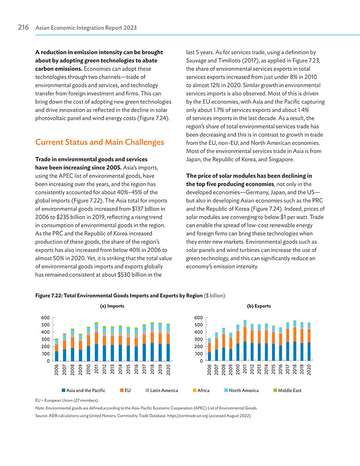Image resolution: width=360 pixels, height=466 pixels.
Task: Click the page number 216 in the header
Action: pyautogui.click(x=23, y=27)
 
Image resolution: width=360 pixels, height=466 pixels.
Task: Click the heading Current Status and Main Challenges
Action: pyautogui.click(x=99, y=142)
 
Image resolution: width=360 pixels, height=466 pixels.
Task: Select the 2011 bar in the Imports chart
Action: pyautogui.click(x=96, y=342)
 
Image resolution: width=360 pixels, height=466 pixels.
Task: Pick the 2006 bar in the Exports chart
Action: pyautogui.click(x=209, y=349)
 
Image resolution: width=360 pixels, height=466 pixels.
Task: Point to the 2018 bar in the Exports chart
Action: pyautogui.click(x=295, y=341)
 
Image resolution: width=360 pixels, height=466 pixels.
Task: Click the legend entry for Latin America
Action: pyautogui.click(x=162, y=390)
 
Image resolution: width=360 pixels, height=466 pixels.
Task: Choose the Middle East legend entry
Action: pyautogui.click(x=287, y=390)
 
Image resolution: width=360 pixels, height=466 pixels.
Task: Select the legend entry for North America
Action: pyautogui.click(x=241, y=390)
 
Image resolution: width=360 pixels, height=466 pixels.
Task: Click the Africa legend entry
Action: pyautogui.click(x=201, y=390)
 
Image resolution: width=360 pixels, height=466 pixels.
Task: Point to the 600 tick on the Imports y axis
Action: pyautogui.click(x=46, y=318)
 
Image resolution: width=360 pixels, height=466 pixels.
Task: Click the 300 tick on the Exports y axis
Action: pyautogui.click(x=199, y=339)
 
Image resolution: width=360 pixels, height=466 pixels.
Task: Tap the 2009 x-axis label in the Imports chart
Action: pyautogui.click(x=80, y=370)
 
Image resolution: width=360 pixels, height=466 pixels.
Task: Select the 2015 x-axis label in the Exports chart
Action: pyautogui.click(x=274, y=370)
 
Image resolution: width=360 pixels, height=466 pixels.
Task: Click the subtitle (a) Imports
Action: pyautogui.click(x=112, y=306)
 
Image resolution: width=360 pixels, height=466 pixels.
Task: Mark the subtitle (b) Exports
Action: pyautogui.click(x=259, y=306)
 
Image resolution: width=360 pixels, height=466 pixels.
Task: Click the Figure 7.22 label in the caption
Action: pyautogui.click(x=48, y=296)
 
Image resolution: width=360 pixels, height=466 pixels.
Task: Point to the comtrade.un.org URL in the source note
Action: pyautogui.click(x=187, y=416)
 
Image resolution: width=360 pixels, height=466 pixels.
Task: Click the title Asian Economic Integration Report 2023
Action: pyautogui.click(x=86, y=28)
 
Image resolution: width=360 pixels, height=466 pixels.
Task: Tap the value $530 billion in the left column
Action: pyautogui.click(x=132, y=275)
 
